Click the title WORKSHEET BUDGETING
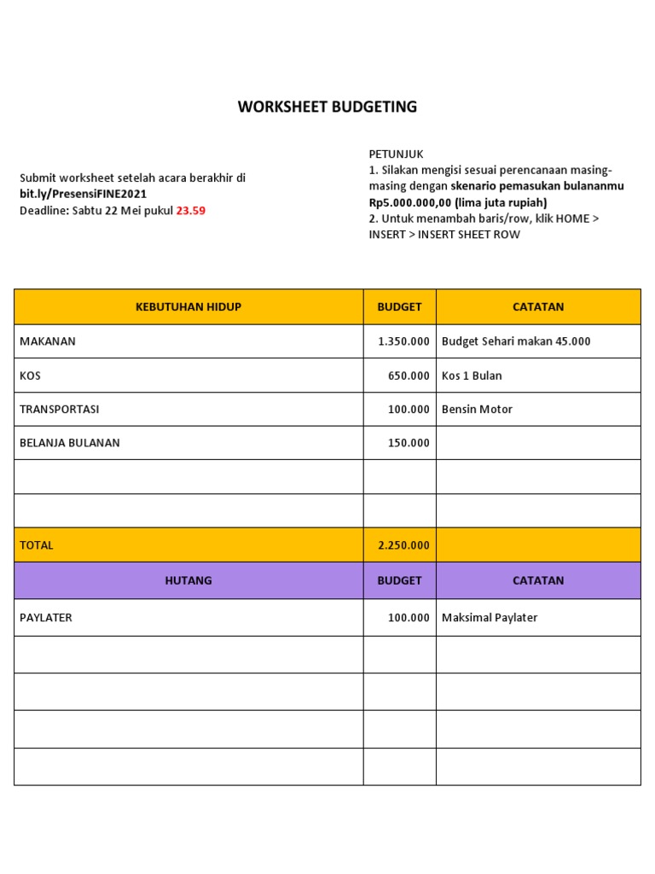(327, 107)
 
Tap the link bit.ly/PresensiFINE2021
(83, 194)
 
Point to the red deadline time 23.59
(190, 210)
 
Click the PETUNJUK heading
(396, 154)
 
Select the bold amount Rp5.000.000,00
(411, 202)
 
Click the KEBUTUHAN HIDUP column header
(188, 306)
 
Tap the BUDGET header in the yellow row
(399, 306)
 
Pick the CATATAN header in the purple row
(538, 580)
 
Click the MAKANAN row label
(48, 341)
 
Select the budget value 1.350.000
(403, 341)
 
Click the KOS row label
(30, 376)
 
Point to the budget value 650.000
(409, 376)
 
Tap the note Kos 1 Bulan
(472, 376)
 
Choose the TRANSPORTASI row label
(59, 409)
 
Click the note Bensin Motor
(477, 409)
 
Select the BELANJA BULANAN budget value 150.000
(409, 443)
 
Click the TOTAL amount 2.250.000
(403, 545)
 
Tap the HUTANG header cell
(188, 580)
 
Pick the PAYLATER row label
(46, 617)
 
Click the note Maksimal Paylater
(490, 617)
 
